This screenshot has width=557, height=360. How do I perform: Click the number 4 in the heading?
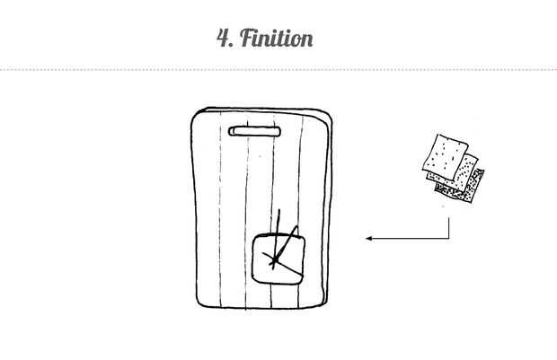point(223,38)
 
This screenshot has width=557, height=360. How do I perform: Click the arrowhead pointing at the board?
point(368,239)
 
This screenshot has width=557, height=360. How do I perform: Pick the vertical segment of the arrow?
point(449,224)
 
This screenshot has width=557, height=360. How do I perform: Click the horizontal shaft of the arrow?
point(409,239)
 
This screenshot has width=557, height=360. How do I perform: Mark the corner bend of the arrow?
point(449,239)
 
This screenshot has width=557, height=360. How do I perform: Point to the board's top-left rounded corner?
point(197,114)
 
